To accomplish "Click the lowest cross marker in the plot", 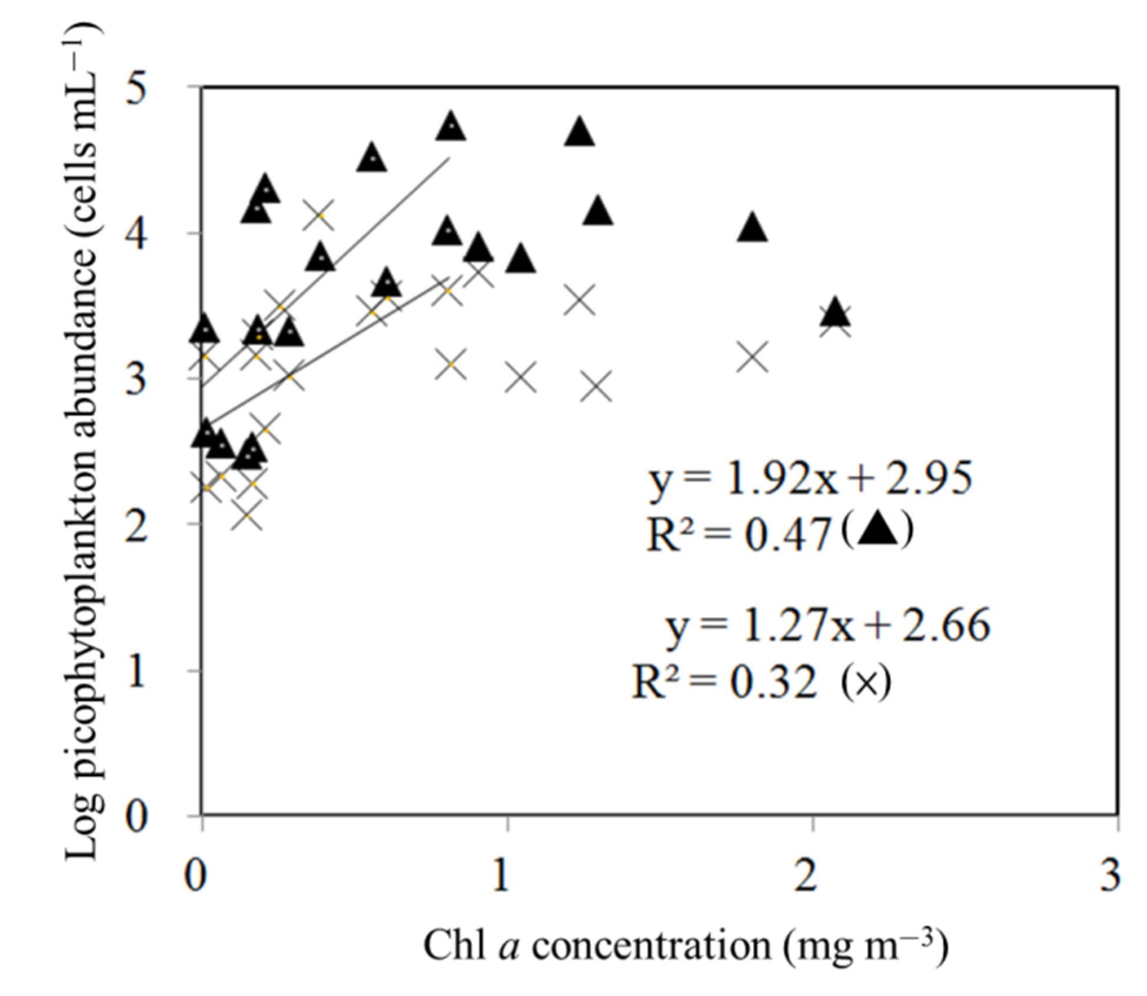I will (x=247, y=516).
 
